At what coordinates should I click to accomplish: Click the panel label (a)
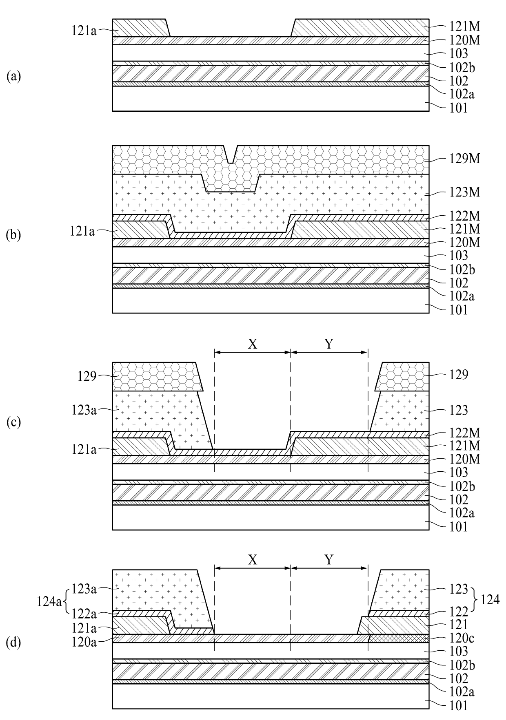point(13,77)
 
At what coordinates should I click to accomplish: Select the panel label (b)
point(13,235)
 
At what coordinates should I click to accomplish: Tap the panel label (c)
point(13,422)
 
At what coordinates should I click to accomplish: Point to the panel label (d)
point(13,643)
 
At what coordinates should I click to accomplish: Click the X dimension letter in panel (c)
point(253,345)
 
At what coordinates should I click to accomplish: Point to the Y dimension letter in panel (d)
point(329,560)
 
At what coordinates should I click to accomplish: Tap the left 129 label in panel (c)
point(87,376)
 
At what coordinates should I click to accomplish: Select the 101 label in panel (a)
point(458,108)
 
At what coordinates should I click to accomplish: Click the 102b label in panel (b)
point(462,269)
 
